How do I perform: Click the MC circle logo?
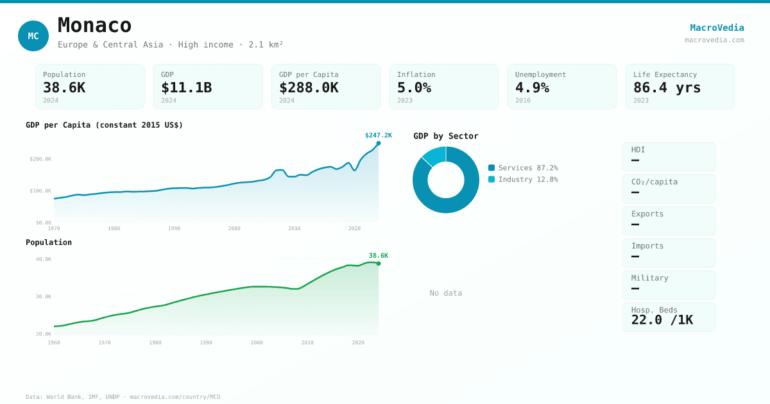pos(33,36)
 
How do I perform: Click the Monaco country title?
pos(94,26)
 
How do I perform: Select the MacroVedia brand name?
pos(717,28)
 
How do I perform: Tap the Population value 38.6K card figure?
pos(64,88)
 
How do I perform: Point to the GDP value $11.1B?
pos(186,88)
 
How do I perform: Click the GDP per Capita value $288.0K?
pos(309,88)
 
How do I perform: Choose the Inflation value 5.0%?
pos(414,88)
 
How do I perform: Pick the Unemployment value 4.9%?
pos(532,88)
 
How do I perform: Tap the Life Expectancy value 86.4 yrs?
pos(667,88)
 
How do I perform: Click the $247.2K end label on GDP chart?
pos(378,135)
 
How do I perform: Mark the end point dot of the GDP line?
pos(379,143)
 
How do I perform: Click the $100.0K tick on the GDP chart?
pos(40,191)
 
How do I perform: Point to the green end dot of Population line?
pos(379,264)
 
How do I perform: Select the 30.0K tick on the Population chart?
pos(44,297)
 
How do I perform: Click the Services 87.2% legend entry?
pos(523,168)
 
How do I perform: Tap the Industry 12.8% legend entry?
pos(523,180)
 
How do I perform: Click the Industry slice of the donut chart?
pos(434,155)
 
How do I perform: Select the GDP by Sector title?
pos(445,136)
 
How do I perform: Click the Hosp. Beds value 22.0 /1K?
pos(662,320)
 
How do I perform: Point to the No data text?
pos(445,293)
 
